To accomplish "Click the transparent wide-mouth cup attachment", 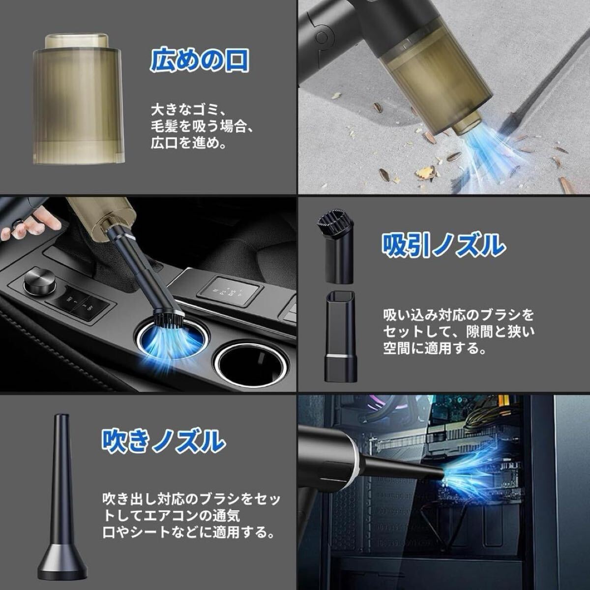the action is coord(78,99).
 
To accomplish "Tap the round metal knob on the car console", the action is coord(39,281).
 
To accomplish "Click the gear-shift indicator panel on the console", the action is coord(229,292).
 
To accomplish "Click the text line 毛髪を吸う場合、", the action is coord(202,126).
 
